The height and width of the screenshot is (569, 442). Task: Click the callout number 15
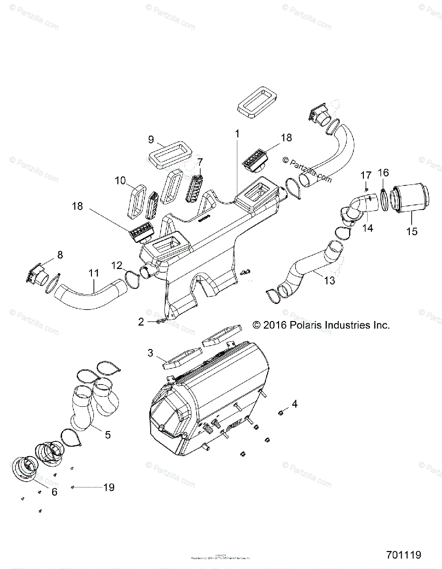tap(412, 231)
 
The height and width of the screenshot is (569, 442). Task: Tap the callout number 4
tap(295, 404)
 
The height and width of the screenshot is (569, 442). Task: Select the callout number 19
tap(109, 487)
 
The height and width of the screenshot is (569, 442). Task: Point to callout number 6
tap(54, 492)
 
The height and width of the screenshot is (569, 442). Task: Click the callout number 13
tap(329, 280)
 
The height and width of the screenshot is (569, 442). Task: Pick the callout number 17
tap(365, 175)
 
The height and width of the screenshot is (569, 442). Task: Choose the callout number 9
tap(151, 139)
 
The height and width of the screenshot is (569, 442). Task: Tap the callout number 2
tap(141, 322)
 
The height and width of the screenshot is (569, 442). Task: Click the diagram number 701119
tap(403, 555)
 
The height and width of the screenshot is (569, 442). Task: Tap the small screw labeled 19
tap(72, 487)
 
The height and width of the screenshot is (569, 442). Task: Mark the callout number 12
tap(117, 265)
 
